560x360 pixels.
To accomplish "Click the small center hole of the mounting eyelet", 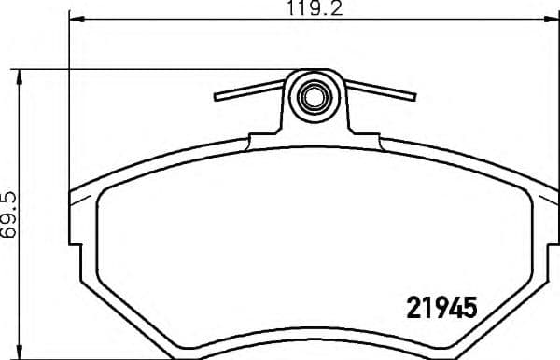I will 315,94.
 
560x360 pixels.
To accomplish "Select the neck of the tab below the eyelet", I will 315,125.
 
